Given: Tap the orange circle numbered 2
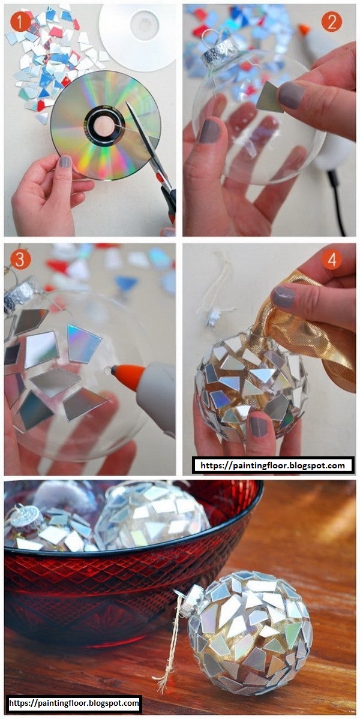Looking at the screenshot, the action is pyautogui.click(x=331, y=22).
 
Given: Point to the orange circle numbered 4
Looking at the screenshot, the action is pyautogui.click(x=331, y=260).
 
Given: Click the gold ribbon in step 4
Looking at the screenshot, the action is pyautogui.click(x=312, y=330).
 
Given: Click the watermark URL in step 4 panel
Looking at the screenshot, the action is pyautogui.click(x=273, y=465).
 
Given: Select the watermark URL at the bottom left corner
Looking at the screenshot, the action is pyautogui.click(x=74, y=702).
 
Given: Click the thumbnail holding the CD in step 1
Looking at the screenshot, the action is pyautogui.click(x=65, y=161).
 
